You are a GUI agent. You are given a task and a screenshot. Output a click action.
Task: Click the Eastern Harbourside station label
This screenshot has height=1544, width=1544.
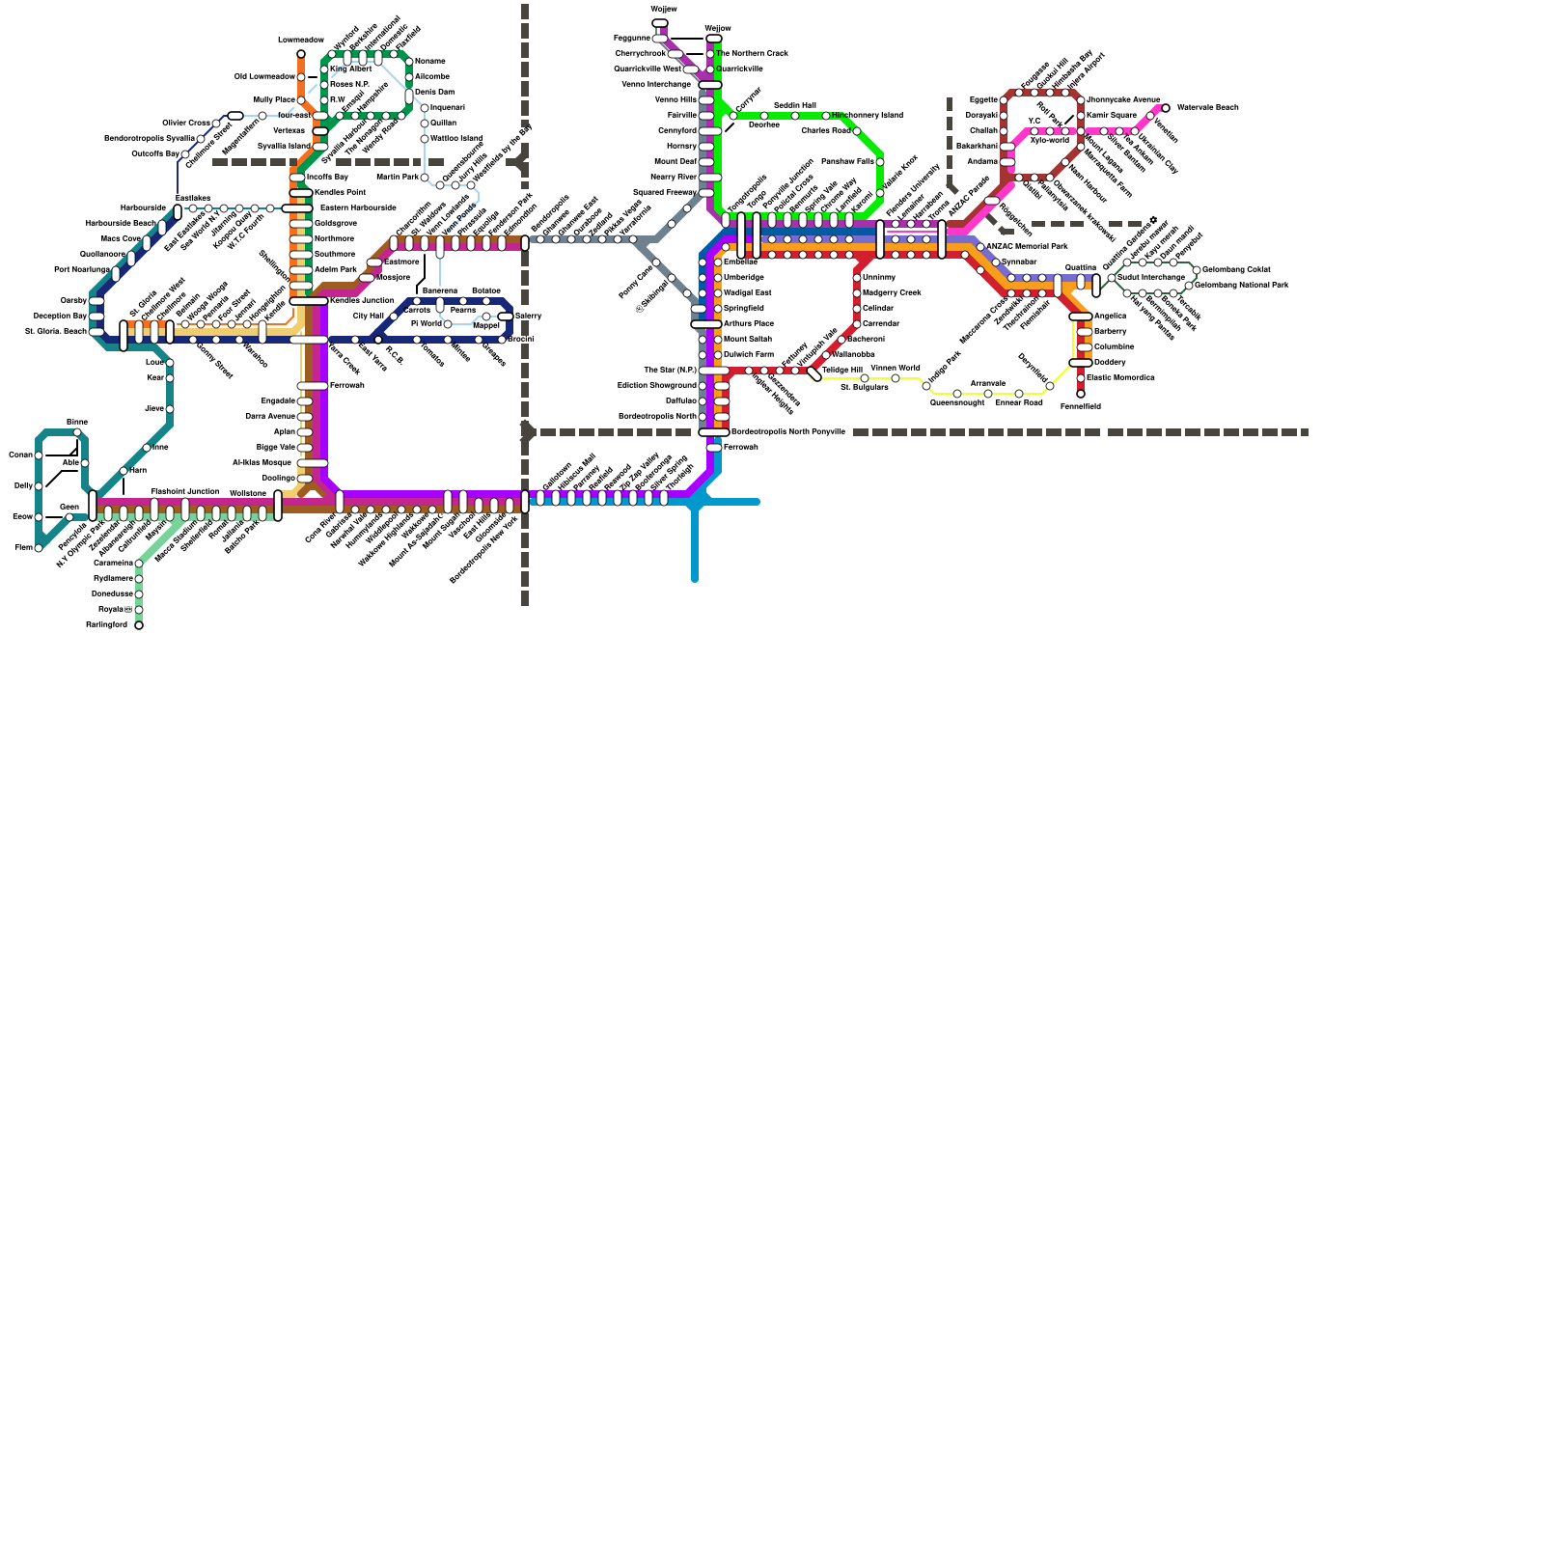[357, 207]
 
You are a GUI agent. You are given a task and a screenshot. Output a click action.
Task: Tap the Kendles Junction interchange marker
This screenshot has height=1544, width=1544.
[309, 301]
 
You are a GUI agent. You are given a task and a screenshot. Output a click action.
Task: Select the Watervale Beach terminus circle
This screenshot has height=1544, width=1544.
[1166, 108]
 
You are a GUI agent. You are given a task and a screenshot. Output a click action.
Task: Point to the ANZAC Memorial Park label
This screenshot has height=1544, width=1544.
[1026, 247]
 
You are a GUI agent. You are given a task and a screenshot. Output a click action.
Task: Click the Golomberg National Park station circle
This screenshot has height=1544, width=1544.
[1189, 286]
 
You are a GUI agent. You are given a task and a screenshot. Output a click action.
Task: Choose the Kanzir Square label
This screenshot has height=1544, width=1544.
[1112, 115]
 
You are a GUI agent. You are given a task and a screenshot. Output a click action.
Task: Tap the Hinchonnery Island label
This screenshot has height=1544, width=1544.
[868, 115]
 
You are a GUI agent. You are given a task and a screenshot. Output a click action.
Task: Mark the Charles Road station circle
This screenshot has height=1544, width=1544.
[857, 131]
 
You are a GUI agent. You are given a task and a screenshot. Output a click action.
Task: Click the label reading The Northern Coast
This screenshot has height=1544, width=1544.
[753, 53]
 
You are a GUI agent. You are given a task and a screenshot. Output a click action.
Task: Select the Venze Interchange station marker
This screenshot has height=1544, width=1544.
[710, 85]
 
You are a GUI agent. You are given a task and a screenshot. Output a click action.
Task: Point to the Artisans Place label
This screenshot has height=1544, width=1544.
[748, 323]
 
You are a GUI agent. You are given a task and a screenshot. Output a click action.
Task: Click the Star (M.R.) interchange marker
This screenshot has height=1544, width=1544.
[714, 371]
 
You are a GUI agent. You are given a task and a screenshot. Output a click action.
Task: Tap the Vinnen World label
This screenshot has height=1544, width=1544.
[895, 368]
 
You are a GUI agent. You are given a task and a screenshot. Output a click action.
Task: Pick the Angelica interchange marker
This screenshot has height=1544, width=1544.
[1081, 317]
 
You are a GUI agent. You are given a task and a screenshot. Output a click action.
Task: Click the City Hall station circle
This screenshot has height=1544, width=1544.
[394, 317]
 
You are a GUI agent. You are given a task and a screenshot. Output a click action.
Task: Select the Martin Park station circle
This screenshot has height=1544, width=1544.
[425, 178]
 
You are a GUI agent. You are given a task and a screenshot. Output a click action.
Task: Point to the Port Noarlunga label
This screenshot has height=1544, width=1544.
[82, 269]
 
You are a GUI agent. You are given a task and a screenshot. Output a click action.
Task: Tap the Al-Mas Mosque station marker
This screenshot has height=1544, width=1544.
[312, 463]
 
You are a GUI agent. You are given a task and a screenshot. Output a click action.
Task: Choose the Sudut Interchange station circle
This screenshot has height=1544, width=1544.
[1112, 278]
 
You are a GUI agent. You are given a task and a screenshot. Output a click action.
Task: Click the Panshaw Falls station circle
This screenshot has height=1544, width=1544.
[880, 162]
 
